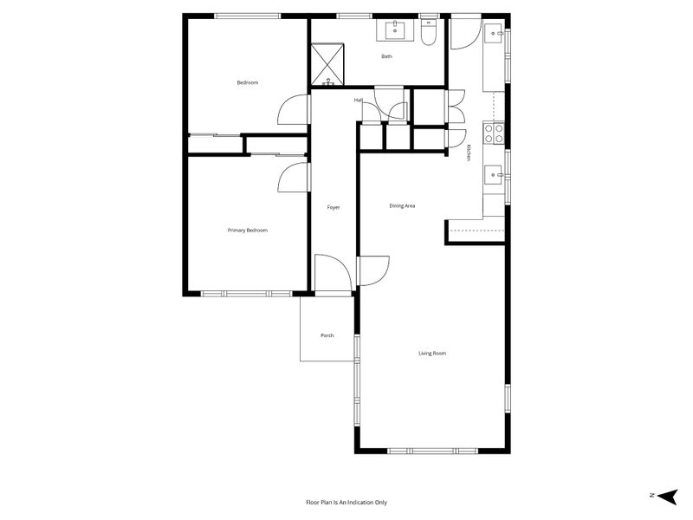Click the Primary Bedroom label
pos(247,231)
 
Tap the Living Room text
pos(432,354)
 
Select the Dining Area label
pos(402,206)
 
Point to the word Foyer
pos(334,208)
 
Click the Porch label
pos(327,336)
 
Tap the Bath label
pos(386,57)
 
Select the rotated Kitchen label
pos(468,152)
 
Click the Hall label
pos(358,101)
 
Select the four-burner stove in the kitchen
pos(493,133)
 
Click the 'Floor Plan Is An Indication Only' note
pos(346,502)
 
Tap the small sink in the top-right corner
pos(495,34)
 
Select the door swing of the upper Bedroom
pos(295,110)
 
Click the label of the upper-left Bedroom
pos(248,83)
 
